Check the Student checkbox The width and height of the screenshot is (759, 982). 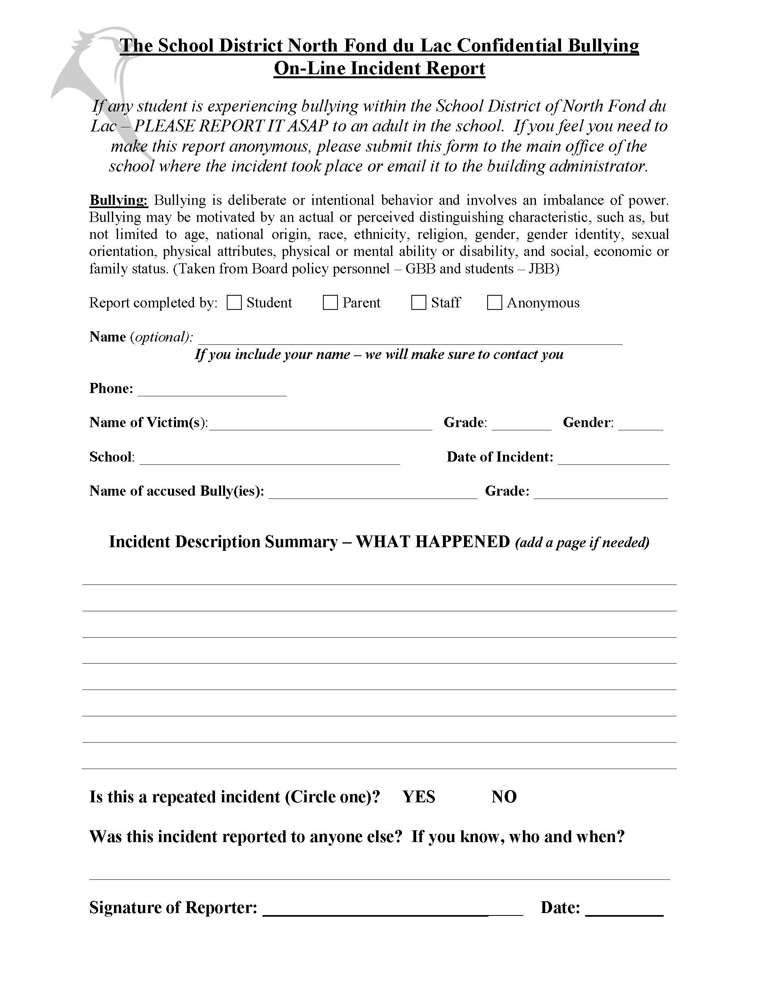tap(234, 303)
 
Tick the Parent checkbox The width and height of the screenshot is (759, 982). tap(330, 303)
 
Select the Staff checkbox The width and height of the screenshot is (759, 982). tap(419, 303)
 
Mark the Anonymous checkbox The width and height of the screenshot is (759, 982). tap(495, 303)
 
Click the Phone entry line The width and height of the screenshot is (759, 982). tap(212, 390)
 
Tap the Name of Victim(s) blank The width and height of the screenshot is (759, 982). tap(320, 424)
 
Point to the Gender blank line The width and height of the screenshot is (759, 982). tap(640, 424)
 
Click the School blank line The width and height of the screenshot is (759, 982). tap(269, 459)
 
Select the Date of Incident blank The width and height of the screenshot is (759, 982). tap(613, 459)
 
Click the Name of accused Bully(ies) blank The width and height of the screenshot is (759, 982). tap(373, 493)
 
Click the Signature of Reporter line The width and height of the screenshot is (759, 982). tap(393, 909)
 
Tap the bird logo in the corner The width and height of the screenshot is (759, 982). tap(95, 63)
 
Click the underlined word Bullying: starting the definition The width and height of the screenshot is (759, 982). tap(119, 200)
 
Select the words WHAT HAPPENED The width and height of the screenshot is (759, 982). tap(432, 542)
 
